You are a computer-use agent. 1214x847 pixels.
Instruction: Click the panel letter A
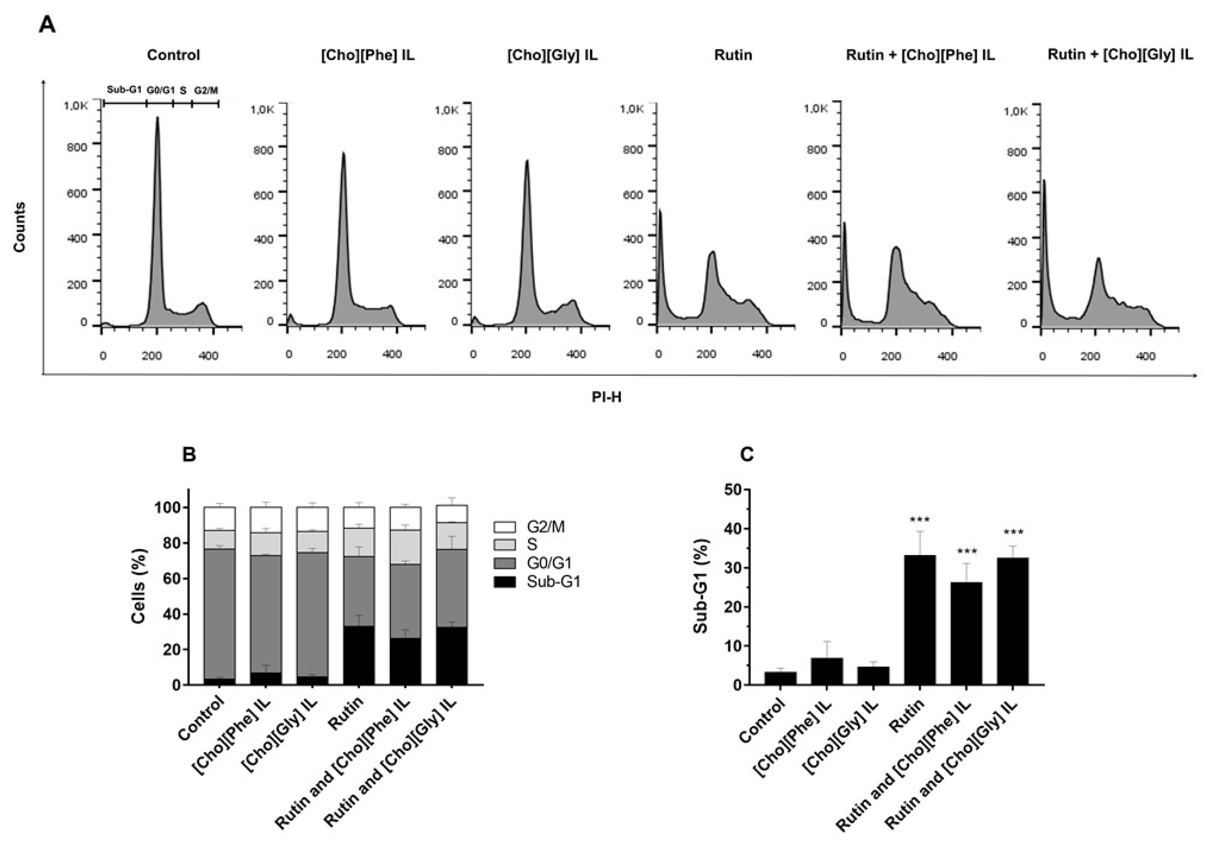[47, 24]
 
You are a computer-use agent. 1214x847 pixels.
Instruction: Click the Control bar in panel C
[780, 678]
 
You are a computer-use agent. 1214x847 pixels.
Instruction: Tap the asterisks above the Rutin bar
[920, 520]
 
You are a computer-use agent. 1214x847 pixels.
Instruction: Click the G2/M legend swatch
[504, 527]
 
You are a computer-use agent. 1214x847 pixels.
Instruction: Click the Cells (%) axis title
[139, 586]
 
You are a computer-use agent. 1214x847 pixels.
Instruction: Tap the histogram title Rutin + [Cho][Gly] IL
[1121, 54]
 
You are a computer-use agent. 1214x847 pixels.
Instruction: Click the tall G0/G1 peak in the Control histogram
[157, 212]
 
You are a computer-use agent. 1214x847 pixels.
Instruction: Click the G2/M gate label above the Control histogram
[206, 90]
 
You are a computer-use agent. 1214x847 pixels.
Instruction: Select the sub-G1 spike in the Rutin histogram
[660, 254]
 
